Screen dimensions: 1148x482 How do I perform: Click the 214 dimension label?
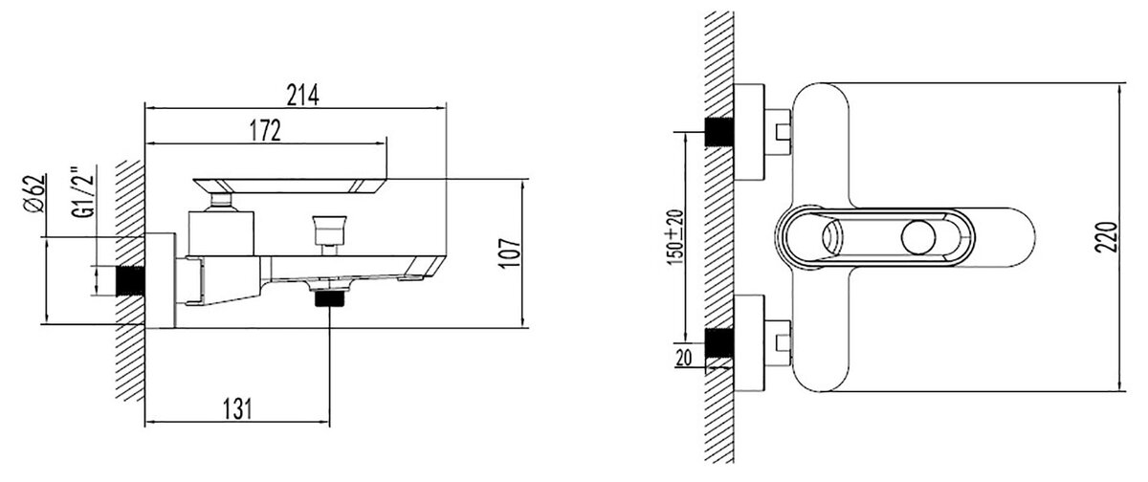tap(302, 95)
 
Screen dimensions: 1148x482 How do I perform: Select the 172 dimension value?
tap(266, 131)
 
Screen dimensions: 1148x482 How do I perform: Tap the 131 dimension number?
tap(237, 408)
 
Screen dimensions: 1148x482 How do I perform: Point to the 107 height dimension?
tap(509, 252)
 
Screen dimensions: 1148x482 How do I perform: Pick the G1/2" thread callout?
tap(83, 191)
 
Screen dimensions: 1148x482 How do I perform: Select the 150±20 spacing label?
tap(675, 237)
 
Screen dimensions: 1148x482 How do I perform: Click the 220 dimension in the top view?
tap(1106, 236)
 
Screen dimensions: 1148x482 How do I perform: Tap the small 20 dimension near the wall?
tap(684, 358)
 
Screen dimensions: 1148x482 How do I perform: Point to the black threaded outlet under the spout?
tap(331, 298)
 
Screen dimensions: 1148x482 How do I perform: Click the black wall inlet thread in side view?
tap(130, 281)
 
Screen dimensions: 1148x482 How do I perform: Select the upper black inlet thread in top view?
tap(719, 132)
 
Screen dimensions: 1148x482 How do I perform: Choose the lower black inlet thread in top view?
tap(719, 342)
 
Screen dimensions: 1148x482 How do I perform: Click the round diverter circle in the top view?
tap(918, 238)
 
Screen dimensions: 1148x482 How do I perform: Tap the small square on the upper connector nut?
tap(784, 132)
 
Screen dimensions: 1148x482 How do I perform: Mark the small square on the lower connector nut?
tap(784, 342)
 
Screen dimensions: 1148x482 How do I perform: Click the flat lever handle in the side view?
tap(290, 186)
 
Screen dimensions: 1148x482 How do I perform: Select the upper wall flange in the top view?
tap(749, 132)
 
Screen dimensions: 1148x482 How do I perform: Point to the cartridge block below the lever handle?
tap(221, 233)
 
